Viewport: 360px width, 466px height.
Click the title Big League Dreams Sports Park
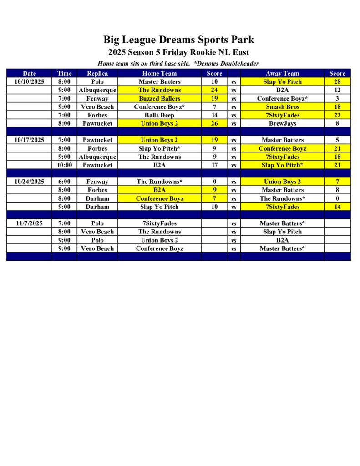pos(178,40)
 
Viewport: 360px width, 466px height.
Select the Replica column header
pos(97,73)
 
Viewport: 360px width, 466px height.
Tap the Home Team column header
pos(159,73)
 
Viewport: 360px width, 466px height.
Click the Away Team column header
pos(282,73)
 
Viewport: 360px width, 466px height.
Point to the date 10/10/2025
pos(29,82)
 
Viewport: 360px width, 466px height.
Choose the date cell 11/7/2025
pos(29,223)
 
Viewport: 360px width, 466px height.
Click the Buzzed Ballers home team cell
pos(159,98)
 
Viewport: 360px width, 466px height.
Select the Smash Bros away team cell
pos(282,107)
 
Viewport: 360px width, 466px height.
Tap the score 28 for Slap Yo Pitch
pos(337,82)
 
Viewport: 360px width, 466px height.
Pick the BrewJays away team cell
pos(282,123)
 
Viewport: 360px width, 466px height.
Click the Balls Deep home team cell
pos(159,115)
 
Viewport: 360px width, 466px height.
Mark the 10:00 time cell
pos(65,165)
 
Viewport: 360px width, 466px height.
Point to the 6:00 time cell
pos(65,182)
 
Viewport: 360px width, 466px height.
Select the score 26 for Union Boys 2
pos(214,123)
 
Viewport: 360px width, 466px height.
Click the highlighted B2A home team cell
pos(159,190)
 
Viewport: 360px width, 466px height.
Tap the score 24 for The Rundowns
pos(214,90)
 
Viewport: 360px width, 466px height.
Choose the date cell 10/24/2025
pos(29,182)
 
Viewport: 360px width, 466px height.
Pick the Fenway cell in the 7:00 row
pos(97,98)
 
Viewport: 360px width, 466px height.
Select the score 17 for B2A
pos(214,165)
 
